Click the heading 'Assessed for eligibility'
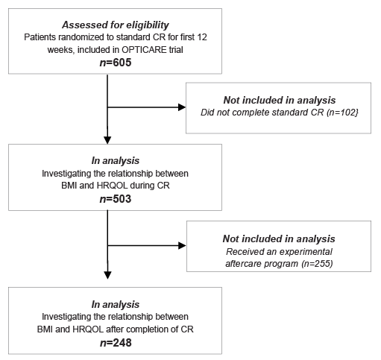tap(116, 25)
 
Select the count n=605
tap(116, 63)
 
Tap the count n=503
tap(116, 199)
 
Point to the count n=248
tap(116, 343)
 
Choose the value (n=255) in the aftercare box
tap(317, 264)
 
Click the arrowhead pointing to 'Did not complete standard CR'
tap(182, 107)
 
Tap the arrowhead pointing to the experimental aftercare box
tap(182, 245)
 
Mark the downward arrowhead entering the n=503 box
tap(107, 140)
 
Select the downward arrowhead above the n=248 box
tap(107, 275)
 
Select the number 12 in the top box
tap(202, 37)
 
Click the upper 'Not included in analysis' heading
tap(280, 100)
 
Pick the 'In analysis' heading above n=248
tap(116, 304)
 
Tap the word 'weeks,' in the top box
tap(61, 50)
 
